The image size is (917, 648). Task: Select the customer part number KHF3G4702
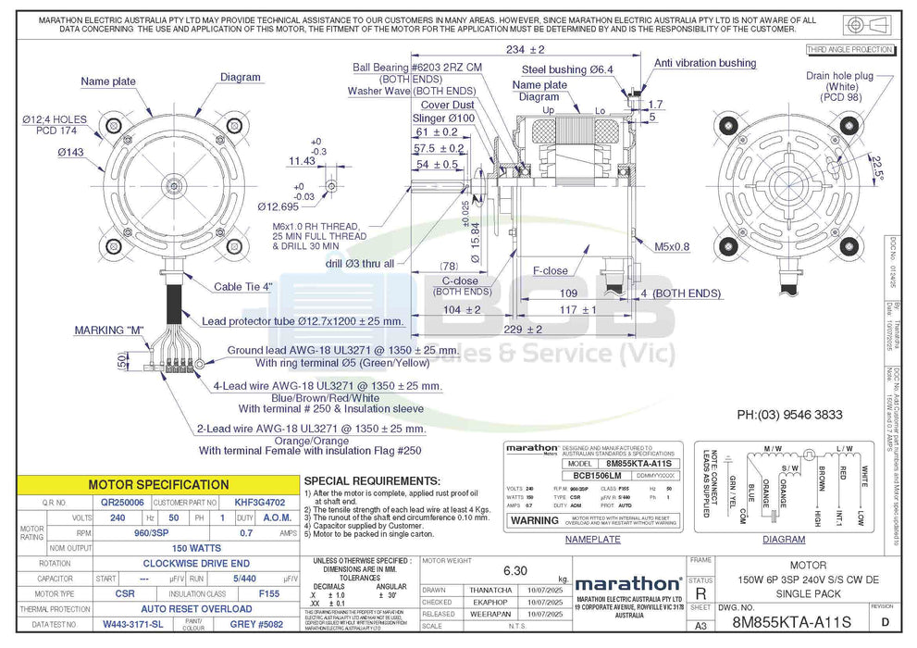click(x=253, y=502)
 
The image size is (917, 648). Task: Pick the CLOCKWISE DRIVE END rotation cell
click(x=196, y=563)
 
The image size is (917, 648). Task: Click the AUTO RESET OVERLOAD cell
click(x=196, y=609)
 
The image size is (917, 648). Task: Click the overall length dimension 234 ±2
click(x=525, y=49)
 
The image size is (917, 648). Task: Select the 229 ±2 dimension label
click(x=524, y=330)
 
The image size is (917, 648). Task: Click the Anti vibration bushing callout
click(x=705, y=63)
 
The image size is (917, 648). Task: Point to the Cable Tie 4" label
click(x=242, y=287)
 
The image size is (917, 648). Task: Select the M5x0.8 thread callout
click(x=673, y=246)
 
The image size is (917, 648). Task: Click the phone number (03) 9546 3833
click(x=789, y=416)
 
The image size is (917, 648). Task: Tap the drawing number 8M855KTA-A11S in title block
click(x=792, y=624)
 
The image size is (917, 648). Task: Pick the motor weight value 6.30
click(x=514, y=570)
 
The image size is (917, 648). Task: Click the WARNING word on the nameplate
click(x=536, y=520)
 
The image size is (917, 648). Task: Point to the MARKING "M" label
click(x=105, y=330)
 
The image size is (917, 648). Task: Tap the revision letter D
click(x=886, y=624)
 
